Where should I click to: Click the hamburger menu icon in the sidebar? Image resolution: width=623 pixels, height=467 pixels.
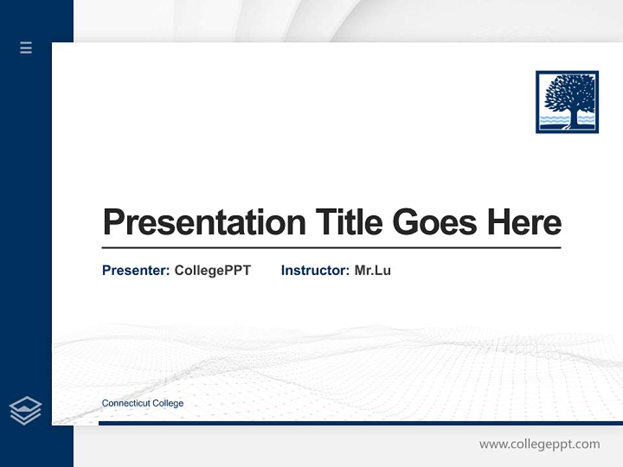[x=26, y=47]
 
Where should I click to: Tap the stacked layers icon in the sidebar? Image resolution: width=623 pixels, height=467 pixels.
[x=25, y=411]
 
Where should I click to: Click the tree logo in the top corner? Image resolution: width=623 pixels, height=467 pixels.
[x=567, y=102]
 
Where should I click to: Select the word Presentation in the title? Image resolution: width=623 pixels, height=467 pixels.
[x=204, y=222]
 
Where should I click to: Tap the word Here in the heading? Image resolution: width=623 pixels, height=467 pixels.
[x=524, y=222]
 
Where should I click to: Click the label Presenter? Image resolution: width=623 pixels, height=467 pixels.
[x=136, y=270]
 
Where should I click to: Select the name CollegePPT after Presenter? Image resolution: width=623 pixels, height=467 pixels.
[x=212, y=270]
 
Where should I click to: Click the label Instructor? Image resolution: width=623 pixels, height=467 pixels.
[x=315, y=270]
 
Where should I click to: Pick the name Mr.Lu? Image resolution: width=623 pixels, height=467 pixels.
[x=373, y=270]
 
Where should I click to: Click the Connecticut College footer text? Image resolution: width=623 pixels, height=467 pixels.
[x=143, y=403]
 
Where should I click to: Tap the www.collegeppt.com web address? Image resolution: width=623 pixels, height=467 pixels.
[x=539, y=444]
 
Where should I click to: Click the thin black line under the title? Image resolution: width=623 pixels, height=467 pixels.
[x=331, y=248]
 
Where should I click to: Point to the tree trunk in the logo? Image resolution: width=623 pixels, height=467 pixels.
[x=574, y=117]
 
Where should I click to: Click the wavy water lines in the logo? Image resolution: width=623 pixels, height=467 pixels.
[x=552, y=120]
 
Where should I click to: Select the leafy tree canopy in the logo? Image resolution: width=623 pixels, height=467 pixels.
[x=569, y=92]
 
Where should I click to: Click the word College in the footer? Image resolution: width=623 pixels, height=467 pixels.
[x=167, y=403]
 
